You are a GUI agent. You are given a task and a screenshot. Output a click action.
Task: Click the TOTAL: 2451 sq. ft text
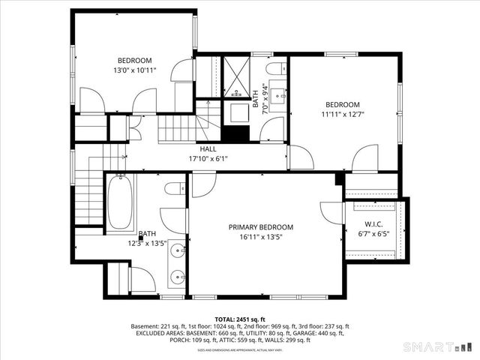pos(240,319)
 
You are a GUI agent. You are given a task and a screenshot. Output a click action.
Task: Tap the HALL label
pos(197,149)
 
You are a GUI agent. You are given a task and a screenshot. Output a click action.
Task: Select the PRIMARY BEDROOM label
pos(260,227)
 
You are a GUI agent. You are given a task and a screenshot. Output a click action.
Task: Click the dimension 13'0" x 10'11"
pos(134,70)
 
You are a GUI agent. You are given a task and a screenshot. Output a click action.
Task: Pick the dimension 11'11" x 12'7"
pos(342,115)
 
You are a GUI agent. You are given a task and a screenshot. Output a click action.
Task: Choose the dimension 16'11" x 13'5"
pos(260,237)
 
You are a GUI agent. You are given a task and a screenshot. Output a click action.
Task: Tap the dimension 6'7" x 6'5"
pos(373,232)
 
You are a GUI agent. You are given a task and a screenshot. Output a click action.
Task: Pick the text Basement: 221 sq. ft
pos(158,326)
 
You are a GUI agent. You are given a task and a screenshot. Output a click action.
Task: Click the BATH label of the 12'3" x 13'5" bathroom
pos(147,234)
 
